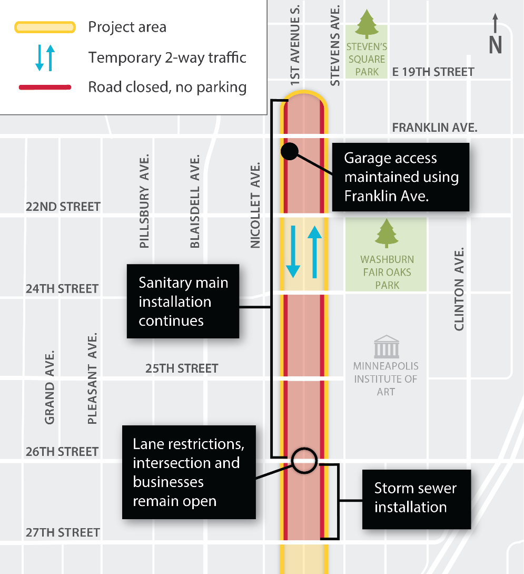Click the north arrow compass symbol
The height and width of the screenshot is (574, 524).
495,34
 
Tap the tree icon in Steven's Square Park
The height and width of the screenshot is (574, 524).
367,24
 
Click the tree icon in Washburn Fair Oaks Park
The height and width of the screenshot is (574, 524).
387,234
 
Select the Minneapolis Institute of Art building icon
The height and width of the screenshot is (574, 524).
386,346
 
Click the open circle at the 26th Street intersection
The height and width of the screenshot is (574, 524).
304,460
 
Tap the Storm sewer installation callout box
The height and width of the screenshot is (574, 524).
416,499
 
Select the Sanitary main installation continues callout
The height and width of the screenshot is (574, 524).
183,301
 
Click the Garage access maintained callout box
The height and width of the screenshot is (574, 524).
400,177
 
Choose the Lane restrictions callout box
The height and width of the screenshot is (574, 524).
189,472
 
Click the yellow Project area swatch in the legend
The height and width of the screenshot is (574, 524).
45,27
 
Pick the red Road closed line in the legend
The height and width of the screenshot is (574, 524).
45,87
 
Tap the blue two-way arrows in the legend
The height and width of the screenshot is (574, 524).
45,57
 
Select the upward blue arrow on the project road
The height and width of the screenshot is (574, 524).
314,252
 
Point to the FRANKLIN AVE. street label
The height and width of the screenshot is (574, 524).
434,128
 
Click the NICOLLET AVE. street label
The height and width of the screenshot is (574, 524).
256,205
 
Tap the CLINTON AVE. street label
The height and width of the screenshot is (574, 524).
459,289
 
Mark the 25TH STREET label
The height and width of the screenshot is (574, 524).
182,368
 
